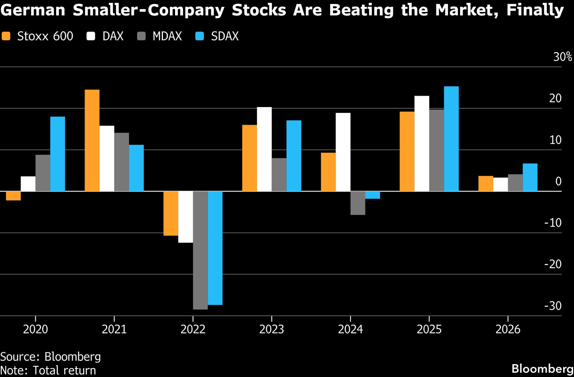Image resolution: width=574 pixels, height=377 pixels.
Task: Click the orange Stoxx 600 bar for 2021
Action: [x=92, y=140]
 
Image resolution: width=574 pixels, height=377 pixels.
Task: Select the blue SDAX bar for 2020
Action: [x=58, y=154]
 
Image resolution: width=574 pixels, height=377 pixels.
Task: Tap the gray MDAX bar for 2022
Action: [x=200, y=250]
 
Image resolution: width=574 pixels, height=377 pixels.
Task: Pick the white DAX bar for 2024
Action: [x=343, y=152]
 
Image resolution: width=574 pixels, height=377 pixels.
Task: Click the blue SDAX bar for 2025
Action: [x=451, y=139]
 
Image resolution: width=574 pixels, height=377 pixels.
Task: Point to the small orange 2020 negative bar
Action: [x=13, y=196]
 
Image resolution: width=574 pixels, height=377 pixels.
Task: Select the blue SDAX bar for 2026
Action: [x=530, y=177]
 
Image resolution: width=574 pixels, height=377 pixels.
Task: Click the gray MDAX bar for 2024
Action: [x=358, y=203]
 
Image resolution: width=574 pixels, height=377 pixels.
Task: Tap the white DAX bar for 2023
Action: [x=264, y=149]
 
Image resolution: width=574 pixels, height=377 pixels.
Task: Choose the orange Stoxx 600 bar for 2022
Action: [x=171, y=213]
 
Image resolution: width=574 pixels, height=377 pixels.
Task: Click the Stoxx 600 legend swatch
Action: [x=6, y=36]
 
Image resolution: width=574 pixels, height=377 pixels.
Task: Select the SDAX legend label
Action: [x=225, y=36]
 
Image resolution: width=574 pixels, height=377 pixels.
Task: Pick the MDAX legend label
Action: [x=167, y=36]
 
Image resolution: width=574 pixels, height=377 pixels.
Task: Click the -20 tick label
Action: [x=553, y=264]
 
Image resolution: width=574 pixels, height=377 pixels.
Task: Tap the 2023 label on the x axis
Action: [x=272, y=329]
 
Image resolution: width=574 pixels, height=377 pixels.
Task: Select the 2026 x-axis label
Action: [x=508, y=329]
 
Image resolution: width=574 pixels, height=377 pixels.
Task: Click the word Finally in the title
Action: [x=535, y=10]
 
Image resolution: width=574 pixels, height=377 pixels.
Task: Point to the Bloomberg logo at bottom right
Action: [x=542, y=369]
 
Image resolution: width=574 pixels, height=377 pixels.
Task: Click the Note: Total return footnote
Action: [x=48, y=370]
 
